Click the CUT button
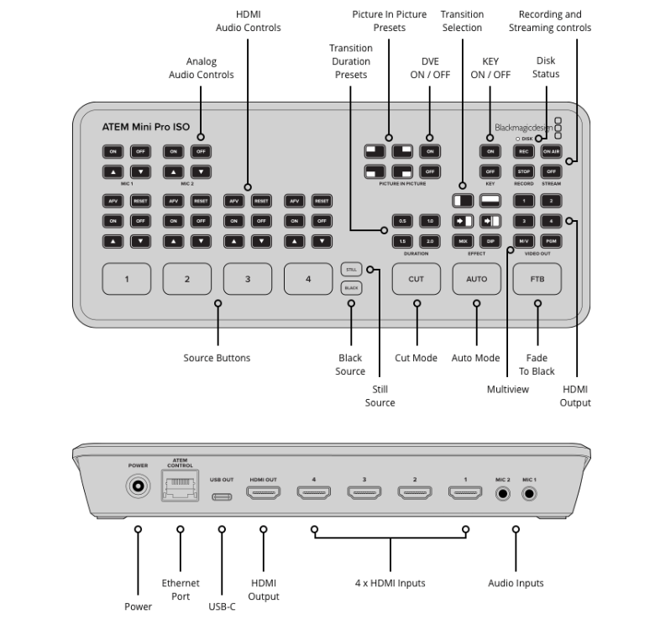coord(417,279)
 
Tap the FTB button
coord(537,279)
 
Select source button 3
coord(248,279)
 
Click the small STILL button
coord(350,269)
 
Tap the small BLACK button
coord(350,288)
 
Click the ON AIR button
coord(551,151)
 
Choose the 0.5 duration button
coord(403,222)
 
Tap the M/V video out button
coord(523,241)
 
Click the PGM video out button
coord(551,241)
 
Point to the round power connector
coord(138,486)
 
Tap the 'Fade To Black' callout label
coord(537,365)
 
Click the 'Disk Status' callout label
coord(546,67)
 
